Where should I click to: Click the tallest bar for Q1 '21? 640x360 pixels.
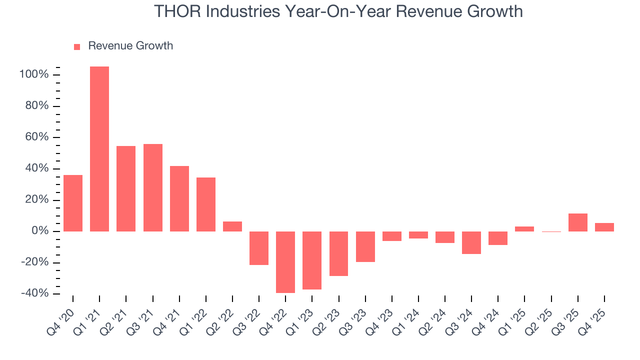click(x=99, y=149)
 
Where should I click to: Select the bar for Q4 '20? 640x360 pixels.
click(x=73, y=203)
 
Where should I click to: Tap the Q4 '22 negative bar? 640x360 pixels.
click(x=285, y=262)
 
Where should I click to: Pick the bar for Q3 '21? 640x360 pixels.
click(x=153, y=187)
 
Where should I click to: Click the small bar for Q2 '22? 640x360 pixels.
click(x=232, y=226)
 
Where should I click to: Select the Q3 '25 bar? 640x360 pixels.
click(x=578, y=222)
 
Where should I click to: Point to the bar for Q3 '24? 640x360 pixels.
click(x=471, y=242)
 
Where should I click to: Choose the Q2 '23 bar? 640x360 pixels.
click(x=338, y=253)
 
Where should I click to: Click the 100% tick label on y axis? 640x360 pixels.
click(x=34, y=75)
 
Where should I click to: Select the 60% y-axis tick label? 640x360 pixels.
click(x=36, y=137)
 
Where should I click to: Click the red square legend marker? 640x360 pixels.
click(x=77, y=47)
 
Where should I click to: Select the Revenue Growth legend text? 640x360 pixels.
click(x=130, y=46)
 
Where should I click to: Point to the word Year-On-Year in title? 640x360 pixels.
click(x=319, y=11)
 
